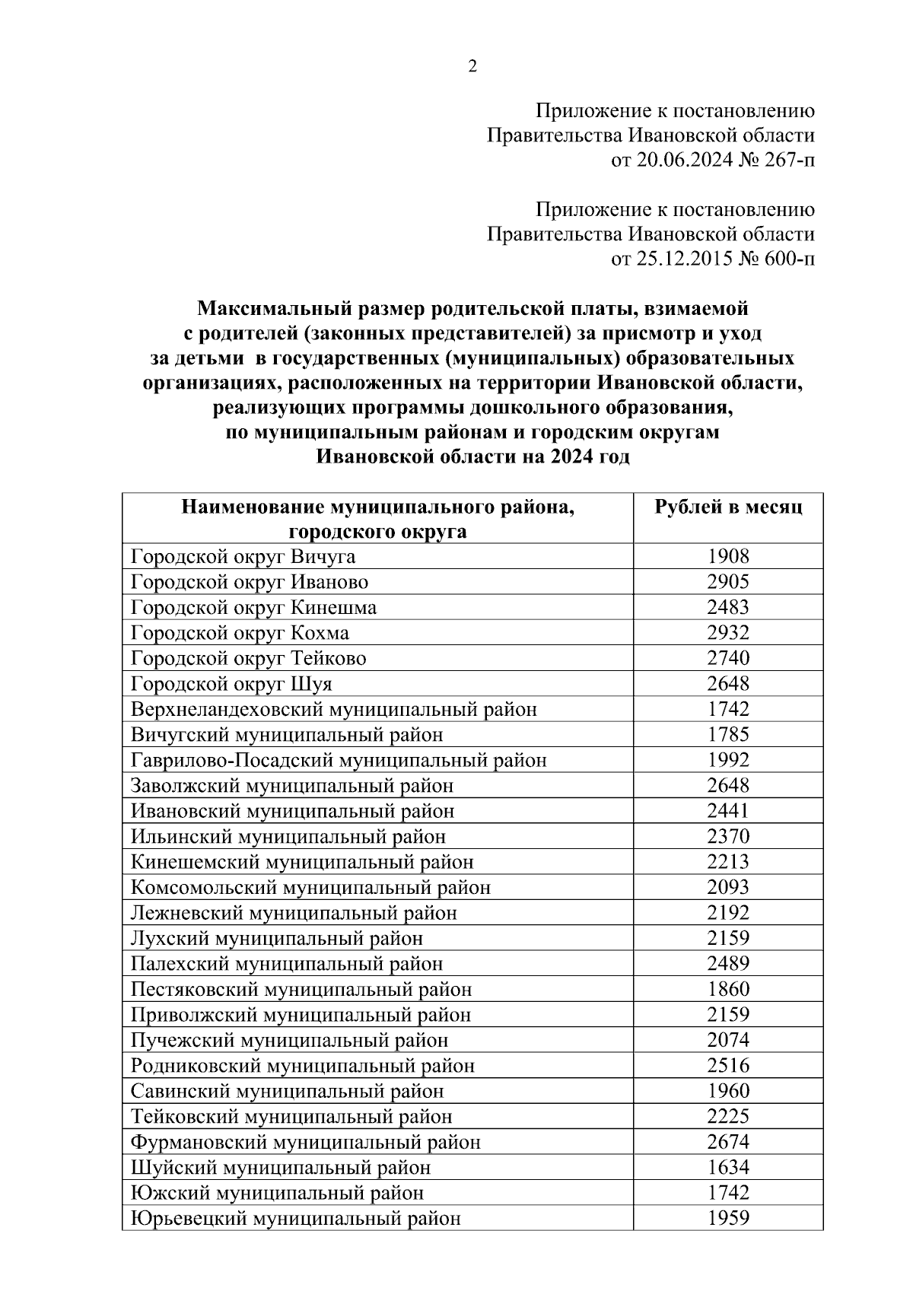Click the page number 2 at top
pyautogui.click(x=472, y=67)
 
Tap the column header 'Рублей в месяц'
pyautogui.click(x=728, y=507)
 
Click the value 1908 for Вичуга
pyautogui.click(x=728, y=556)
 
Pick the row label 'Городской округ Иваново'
pyautogui.click(x=250, y=582)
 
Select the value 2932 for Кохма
pyautogui.click(x=728, y=632)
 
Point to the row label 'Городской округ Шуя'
pyautogui.click(x=231, y=683)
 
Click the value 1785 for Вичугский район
pyautogui.click(x=728, y=734)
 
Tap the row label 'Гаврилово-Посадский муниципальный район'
pyautogui.click(x=339, y=760)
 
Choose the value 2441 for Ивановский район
pyautogui.click(x=728, y=811)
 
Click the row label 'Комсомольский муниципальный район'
pyautogui.click(x=310, y=887)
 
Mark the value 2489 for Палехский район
pyautogui.click(x=728, y=963)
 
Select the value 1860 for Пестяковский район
pyautogui.click(x=728, y=989)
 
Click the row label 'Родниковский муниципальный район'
pyautogui.click(x=303, y=1065)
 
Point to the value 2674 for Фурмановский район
pyautogui.click(x=728, y=1141)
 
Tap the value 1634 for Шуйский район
pyautogui.click(x=728, y=1167)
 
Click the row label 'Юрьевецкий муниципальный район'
pyautogui.click(x=296, y=1218)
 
